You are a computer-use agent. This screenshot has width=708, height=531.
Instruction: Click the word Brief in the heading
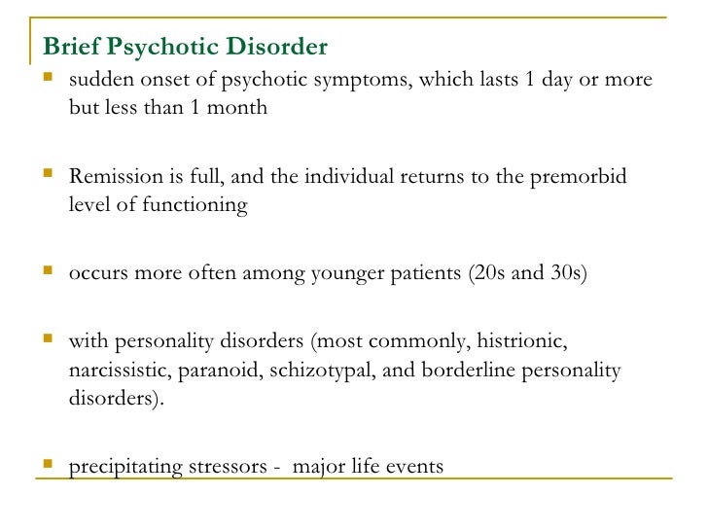point(70,48)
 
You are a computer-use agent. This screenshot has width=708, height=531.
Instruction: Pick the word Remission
point(113,177)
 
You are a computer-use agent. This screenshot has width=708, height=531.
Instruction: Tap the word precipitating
point(124,467)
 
